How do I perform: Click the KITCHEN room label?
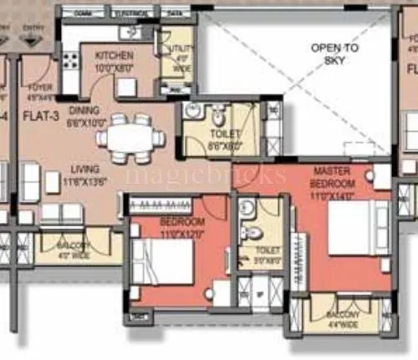[x=114, y=56]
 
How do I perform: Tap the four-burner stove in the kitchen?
[x=71, y=61]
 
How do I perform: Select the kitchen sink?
[x=130, y=33]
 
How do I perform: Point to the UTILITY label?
[x=181, y=50]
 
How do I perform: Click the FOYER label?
[x=39, y=86]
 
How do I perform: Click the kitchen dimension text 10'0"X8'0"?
[x=114, y=68]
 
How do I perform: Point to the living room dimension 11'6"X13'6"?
[x=86, y=180]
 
